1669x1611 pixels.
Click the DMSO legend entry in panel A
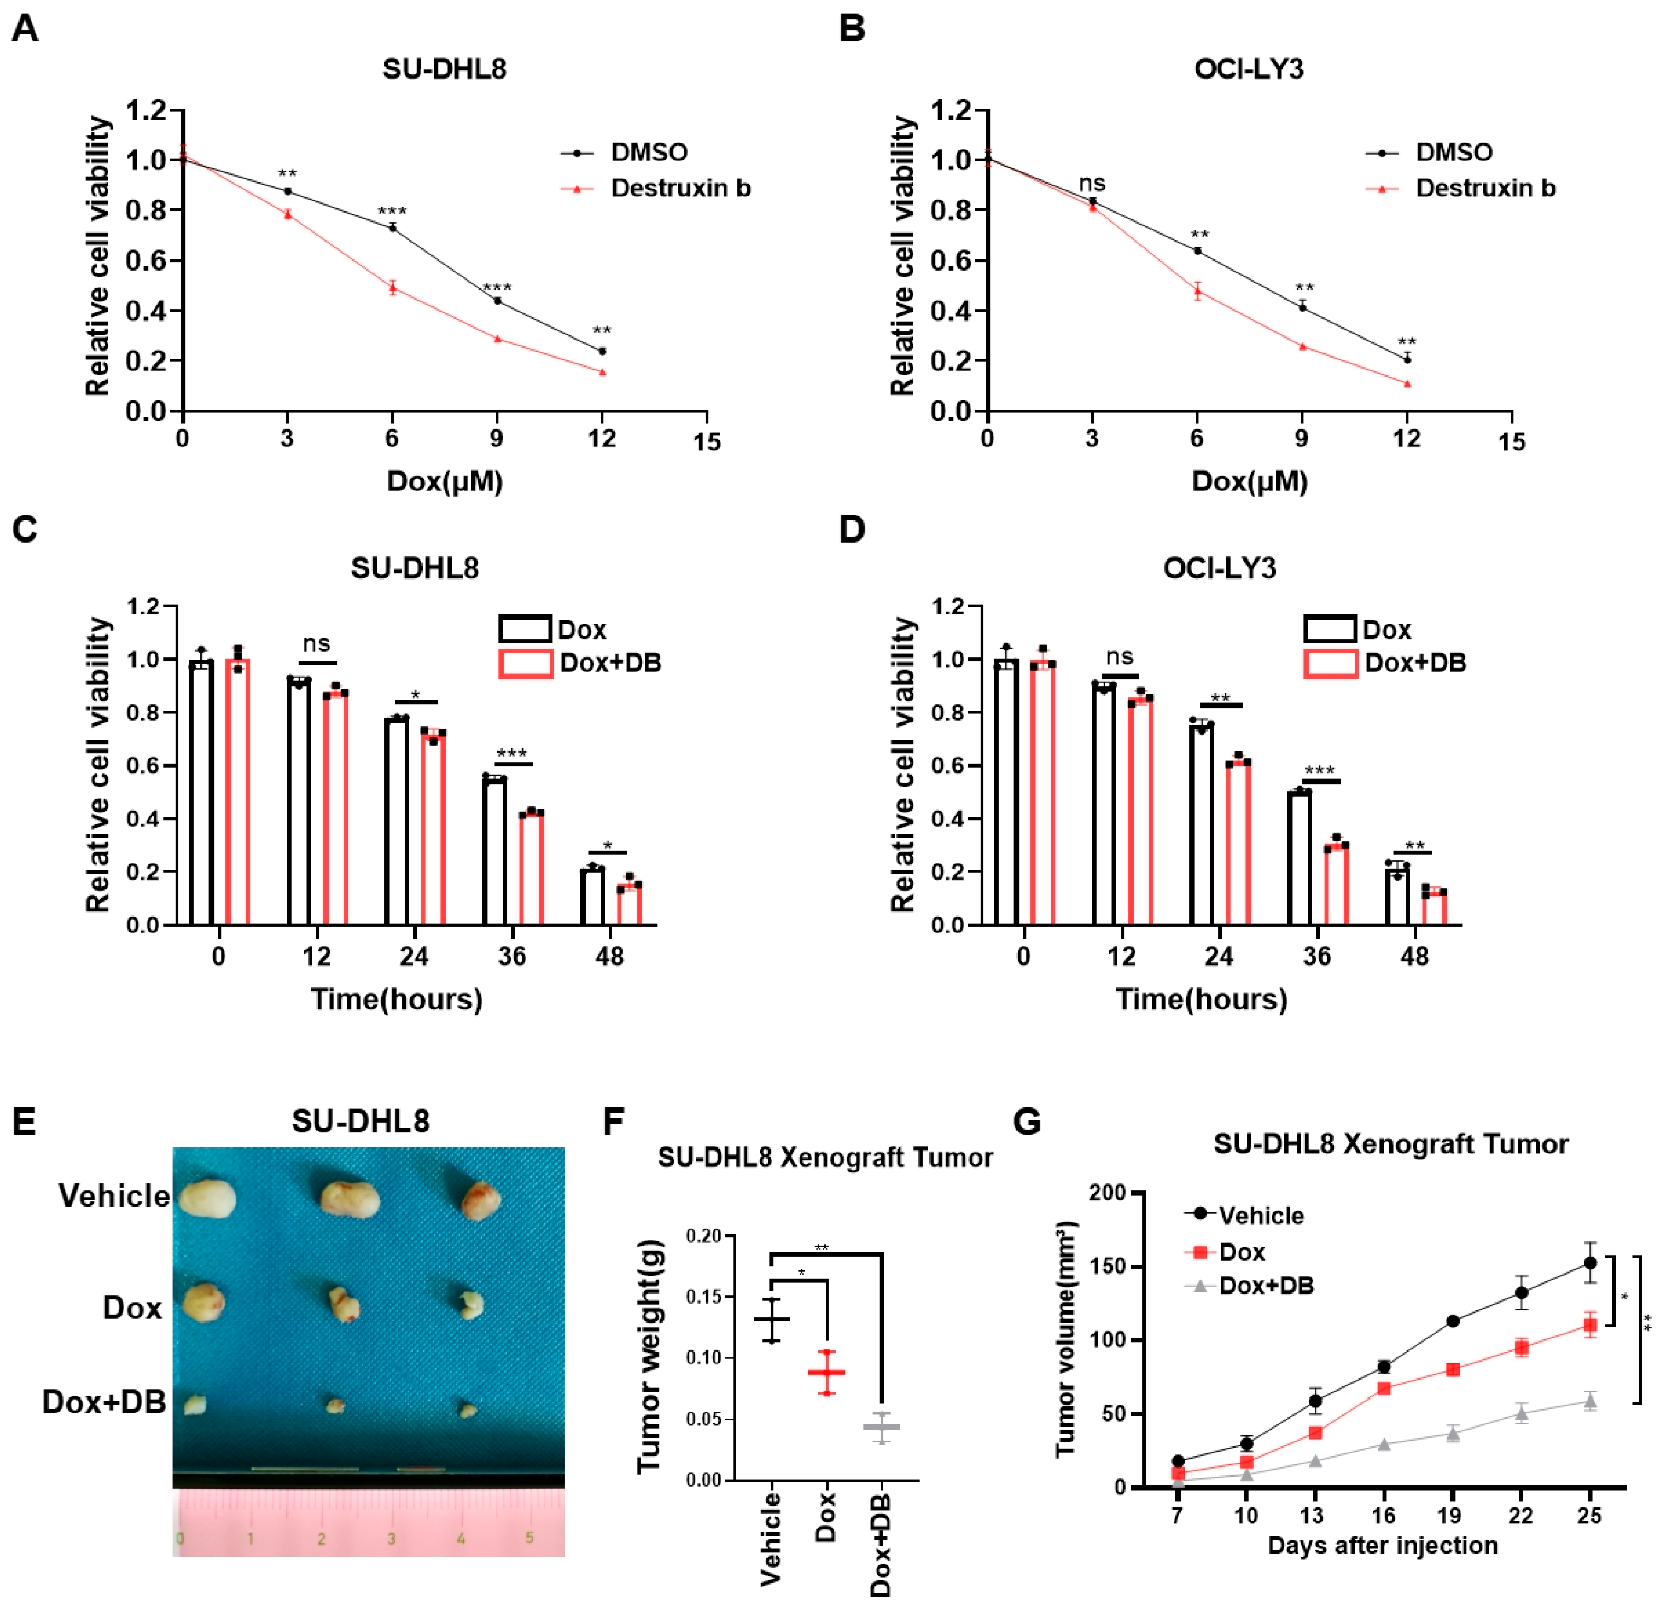(649, 152)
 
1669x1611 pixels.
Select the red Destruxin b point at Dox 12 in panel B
(1407, 384)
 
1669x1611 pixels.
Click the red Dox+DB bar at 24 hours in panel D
(1238, 843)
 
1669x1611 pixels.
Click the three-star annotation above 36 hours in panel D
(1319, 770)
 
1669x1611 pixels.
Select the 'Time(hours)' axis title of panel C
(396, 999)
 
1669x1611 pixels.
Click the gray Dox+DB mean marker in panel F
(881, 1426)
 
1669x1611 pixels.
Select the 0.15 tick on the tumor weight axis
(703, 1297)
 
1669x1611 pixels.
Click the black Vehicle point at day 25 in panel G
(1589, 1263)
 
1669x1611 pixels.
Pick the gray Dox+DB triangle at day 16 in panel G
(1384, 1444)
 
